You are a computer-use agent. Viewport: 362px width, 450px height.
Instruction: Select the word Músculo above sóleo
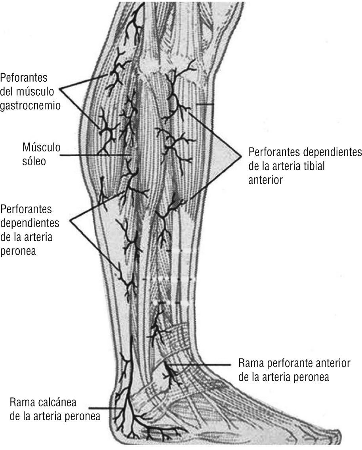point(41,148)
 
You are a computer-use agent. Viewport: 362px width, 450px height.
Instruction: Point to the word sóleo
point(33,162)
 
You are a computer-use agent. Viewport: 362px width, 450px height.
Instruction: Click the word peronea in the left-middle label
point(18,251)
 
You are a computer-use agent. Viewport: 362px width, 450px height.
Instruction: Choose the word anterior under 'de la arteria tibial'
point(265,180)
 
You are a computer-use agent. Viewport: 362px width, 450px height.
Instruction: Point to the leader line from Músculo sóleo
point(95,155)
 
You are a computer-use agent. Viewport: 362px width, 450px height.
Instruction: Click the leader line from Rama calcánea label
point(104,408)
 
